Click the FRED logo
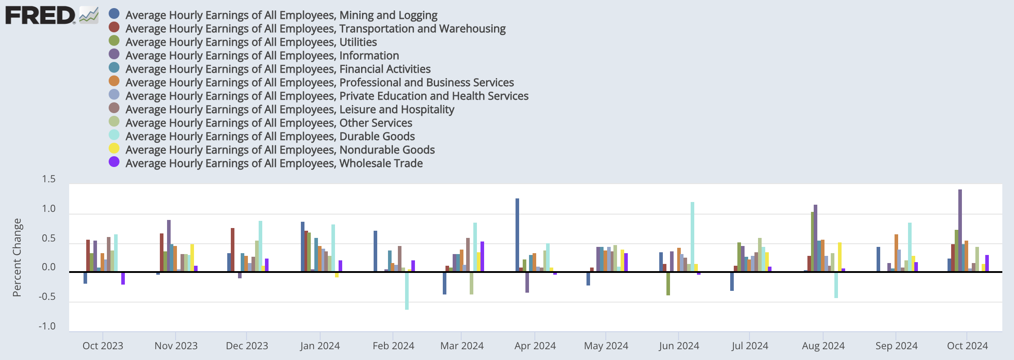point(40,15)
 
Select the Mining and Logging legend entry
point(281,15)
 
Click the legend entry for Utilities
point(251,42)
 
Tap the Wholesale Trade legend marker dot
point(114,162)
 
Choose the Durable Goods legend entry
point(270,136)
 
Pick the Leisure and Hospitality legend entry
point(290,110)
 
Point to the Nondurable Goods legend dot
point(114,149)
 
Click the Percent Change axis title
point(17,257)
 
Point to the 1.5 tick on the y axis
point(48,179)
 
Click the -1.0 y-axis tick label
point(47,326)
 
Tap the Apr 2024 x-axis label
point(535,346)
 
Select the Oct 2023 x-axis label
point(103,346)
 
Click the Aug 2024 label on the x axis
point(823,346)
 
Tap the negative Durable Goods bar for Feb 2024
point(407,291)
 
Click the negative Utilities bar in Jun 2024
point(668,284)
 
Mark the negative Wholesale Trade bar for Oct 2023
point(123,278)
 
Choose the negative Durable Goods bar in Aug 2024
point(836,285)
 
